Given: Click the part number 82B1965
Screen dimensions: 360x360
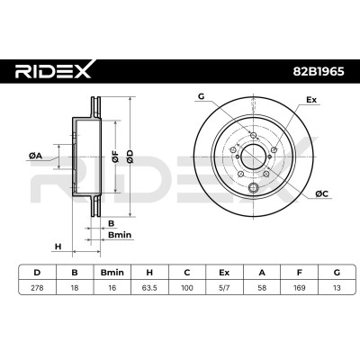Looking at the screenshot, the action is pyautogui.click(x=319, y=72).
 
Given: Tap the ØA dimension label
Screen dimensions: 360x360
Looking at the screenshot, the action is pyautogui.click(x=35, y=156).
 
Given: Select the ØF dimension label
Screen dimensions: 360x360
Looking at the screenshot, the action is pyautogui.click(x=115, y=157).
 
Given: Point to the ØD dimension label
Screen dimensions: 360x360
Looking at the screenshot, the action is pyautogui.click(x=130, y=157).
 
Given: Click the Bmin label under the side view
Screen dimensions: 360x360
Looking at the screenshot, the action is pyautogui.click(x=120, y=235).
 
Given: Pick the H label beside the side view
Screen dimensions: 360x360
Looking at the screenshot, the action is pyautogui.click(x=58, y=247).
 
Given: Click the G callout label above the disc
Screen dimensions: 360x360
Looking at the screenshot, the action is pyautogui.click(x=201, y=96).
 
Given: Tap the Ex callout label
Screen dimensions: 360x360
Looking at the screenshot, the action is pyautogui.click(x=311, y=100).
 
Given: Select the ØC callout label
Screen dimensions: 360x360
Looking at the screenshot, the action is pyautogui.click(x=322, y=194).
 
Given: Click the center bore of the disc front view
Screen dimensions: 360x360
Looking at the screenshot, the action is pyautogui.click(x=254, y=157).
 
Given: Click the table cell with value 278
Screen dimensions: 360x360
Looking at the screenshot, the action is pyautogui.click(x=37, y=288).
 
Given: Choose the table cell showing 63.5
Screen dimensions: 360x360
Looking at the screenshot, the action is pyautogui.click(x=149, y=288).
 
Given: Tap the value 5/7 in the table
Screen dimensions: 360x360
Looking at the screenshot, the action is pyautogui.click(x=224, y=288).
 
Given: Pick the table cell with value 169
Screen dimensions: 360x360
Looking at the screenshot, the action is pyautogui.click(x=300, y=288).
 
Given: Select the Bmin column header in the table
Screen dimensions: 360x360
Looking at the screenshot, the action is pyautogui.click(x=112, y=273).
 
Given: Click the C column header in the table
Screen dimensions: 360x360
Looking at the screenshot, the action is pyautogui.click(x=187, y=273).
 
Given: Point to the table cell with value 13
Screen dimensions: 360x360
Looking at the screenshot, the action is pyautogui.click(x=337, y=288).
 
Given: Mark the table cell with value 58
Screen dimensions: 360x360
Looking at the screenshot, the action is pyautogui.click(x=262, y=288).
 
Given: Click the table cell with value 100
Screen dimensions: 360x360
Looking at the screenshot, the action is pyautogui.click(x=187, y=288).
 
